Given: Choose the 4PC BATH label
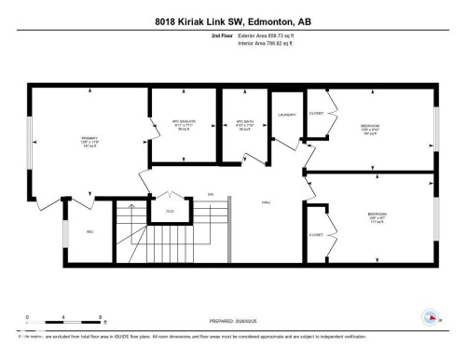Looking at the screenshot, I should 245,123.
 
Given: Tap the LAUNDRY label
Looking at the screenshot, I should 286,115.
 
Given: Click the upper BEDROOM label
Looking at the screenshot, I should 370,126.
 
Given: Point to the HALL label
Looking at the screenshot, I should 265,201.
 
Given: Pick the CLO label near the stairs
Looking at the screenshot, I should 170,212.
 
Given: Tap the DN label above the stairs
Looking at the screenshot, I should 211,194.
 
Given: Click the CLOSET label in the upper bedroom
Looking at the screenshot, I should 316,113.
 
